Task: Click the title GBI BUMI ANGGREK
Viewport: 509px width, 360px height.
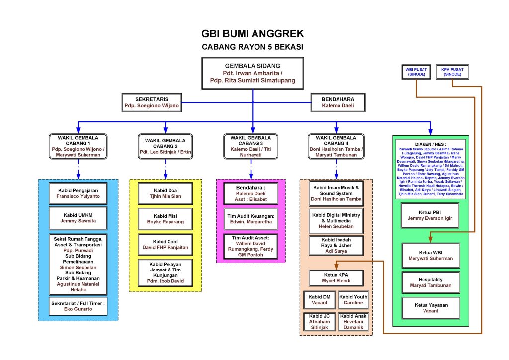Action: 252,34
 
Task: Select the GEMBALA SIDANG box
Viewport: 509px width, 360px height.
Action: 253,73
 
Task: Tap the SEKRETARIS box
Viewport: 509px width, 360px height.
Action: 151,102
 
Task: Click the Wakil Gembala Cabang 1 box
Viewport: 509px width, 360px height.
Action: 78,146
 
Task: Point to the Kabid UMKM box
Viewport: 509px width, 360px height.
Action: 78,218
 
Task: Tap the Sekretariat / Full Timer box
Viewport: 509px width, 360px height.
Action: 78,305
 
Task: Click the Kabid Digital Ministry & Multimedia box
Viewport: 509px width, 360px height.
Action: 337,221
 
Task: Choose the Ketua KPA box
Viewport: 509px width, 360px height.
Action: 337,278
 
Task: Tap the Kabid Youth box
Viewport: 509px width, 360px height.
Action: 353,300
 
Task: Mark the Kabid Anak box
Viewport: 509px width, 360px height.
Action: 353,321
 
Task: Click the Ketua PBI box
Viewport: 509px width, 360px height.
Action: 430,215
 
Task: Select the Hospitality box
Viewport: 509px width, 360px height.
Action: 430,282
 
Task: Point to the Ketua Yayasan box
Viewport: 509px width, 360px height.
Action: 430,308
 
